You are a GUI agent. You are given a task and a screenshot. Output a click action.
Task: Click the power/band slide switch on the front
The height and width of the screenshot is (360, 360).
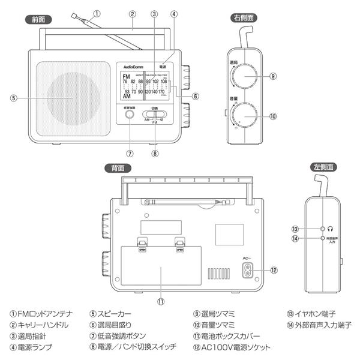pos(152,113)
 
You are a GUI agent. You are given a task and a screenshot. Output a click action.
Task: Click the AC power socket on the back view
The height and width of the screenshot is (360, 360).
pos(246,270)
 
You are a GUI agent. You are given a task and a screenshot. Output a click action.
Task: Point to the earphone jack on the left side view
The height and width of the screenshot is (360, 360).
pos(323,229)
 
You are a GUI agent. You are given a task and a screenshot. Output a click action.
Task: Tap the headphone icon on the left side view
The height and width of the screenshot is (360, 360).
pos(331,229)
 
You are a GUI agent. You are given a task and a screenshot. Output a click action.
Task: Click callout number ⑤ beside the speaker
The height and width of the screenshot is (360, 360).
pos(13,98)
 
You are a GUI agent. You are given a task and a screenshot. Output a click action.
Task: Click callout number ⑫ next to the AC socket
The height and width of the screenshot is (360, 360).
pos(273,270)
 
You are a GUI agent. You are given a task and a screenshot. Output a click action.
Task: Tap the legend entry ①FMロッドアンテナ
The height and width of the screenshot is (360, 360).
pos(39,313)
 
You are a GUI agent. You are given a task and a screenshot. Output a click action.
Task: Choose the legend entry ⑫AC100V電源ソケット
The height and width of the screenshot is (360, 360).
pos(232,347)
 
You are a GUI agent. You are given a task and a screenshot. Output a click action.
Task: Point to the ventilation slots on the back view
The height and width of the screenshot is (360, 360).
pos(220,274)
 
